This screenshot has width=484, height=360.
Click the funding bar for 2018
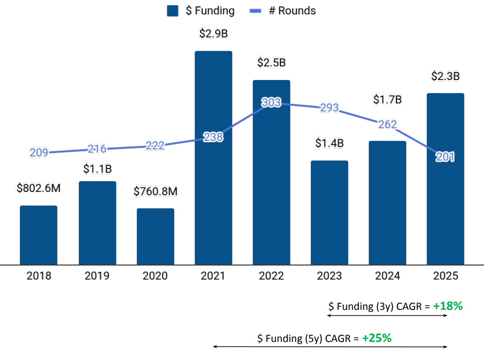(x=38, y=235)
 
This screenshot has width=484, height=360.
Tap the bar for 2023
(x=329, y=212)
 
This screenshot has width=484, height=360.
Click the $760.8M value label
(x=156, y=192)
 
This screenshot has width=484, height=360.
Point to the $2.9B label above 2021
(x=213, y=33)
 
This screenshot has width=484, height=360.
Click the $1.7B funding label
(x=387, y=100)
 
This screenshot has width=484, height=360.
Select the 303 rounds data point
(x=271, y=103)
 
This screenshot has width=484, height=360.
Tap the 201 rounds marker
(x=445, y=157)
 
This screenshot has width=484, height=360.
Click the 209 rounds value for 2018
(x=39, y=153)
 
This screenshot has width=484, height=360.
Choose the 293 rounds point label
(x=329, y=108)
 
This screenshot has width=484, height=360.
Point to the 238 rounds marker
(x=213, y=137)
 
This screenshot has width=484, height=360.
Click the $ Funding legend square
(x=172, y=11)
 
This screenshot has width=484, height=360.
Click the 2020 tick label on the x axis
(x=155, y=276)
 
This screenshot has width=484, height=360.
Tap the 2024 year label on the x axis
(x=387, y=276)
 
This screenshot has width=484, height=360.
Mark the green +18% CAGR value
(x=448, y=306)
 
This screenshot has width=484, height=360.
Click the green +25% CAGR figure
(x=377, y=338)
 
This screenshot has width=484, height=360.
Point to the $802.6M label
(x=38, y=188)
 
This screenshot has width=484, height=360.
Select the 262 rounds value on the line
(x=387, y=124)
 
